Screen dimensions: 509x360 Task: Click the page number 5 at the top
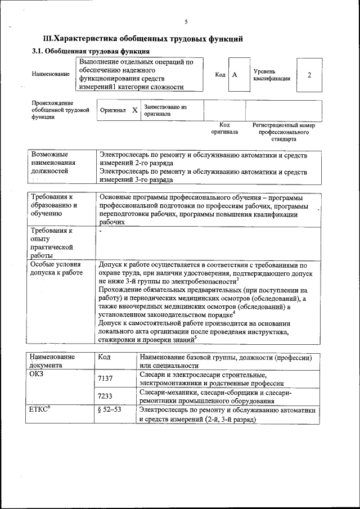pos(186,22)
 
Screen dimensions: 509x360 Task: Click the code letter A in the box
pos(235,74)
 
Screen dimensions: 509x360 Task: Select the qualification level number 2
pos(309,74)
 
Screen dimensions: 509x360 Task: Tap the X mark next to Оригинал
pos(135,110)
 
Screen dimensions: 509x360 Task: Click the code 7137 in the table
pos(105,379)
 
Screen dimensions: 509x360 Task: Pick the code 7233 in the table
pos(105,396)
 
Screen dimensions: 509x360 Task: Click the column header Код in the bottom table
pos(104,357)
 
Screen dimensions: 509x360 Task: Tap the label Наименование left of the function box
pos(51,74)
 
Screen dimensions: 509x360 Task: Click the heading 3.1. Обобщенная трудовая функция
pos(87,51)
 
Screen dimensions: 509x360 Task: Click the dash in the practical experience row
pos(100,231)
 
